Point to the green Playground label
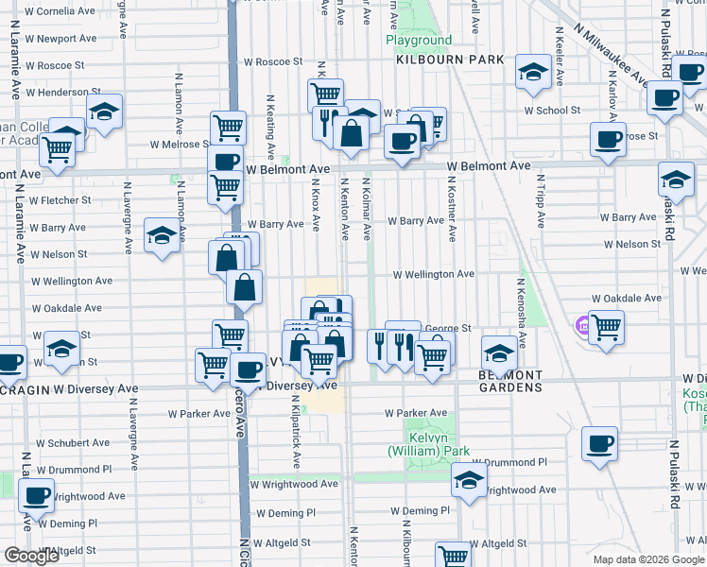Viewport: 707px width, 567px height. coord(419,41)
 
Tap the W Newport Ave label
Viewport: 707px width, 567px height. coord(61,40)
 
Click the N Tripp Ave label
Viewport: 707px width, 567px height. coord(540,199)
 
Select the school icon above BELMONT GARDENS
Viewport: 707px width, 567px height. coord(499,353)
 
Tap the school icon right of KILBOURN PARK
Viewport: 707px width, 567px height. coord(533,71)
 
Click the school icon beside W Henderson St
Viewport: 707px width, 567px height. coord(104,112)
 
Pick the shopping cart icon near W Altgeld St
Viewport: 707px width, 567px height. coord(453,555)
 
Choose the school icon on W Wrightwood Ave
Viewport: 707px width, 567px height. coord(468,479)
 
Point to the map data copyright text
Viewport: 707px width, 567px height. coord(648,559)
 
